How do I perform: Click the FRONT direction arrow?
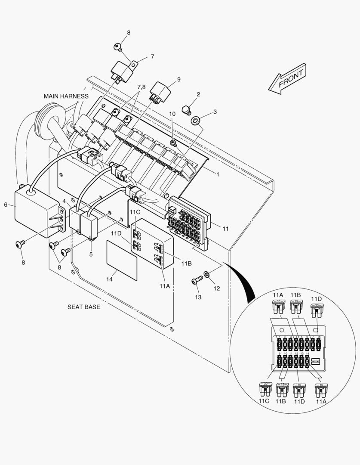click(287, 79)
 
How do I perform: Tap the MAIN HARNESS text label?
click(66, 96)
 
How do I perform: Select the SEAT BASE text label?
click(83, 307)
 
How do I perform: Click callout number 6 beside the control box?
click(6, 205)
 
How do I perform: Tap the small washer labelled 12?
click(207, 273)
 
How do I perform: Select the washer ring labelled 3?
click(196, 119)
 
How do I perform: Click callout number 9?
click(178, 79)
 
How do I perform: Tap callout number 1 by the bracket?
click(218, 175)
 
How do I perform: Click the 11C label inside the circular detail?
click(264, 401)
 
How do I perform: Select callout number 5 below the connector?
click(91, 254)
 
